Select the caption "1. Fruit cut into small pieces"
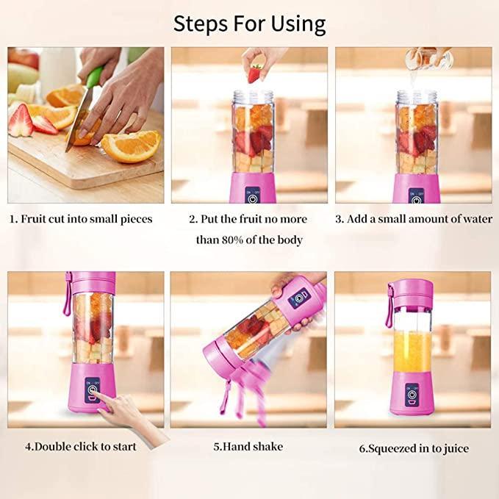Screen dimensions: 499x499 (x=81, y=219)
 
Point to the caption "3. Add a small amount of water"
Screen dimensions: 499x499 (x=414, y=219)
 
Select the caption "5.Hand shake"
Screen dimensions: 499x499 (x=248, y=446)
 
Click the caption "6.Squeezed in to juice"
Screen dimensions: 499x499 (x=414, y=448)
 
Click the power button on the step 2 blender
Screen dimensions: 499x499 (x=253, y=198)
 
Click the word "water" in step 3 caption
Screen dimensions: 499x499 (x=475, y=219)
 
